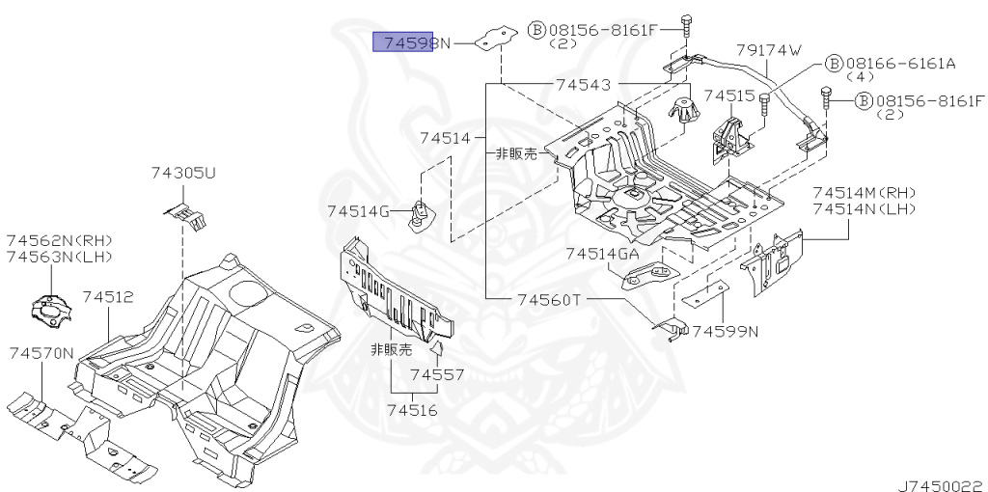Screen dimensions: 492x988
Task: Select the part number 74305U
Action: click(182, 174)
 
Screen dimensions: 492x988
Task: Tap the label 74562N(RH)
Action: click(59, 240)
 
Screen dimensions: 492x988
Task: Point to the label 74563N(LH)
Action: click(59, 257)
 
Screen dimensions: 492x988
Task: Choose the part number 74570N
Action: click(41, 353)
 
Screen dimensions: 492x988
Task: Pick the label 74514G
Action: click(358, 211)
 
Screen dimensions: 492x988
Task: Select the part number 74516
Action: click(412, 410)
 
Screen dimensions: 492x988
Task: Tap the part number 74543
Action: click(583, 85)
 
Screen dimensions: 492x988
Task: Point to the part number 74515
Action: click(728, 96)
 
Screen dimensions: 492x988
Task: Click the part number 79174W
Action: click(769, 49)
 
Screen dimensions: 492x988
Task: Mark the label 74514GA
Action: click(602, 254)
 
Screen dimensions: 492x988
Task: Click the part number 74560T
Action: click(547, 299)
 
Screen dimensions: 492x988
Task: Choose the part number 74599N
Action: click(726, 332)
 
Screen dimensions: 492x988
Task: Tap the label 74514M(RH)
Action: click(864, 192)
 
